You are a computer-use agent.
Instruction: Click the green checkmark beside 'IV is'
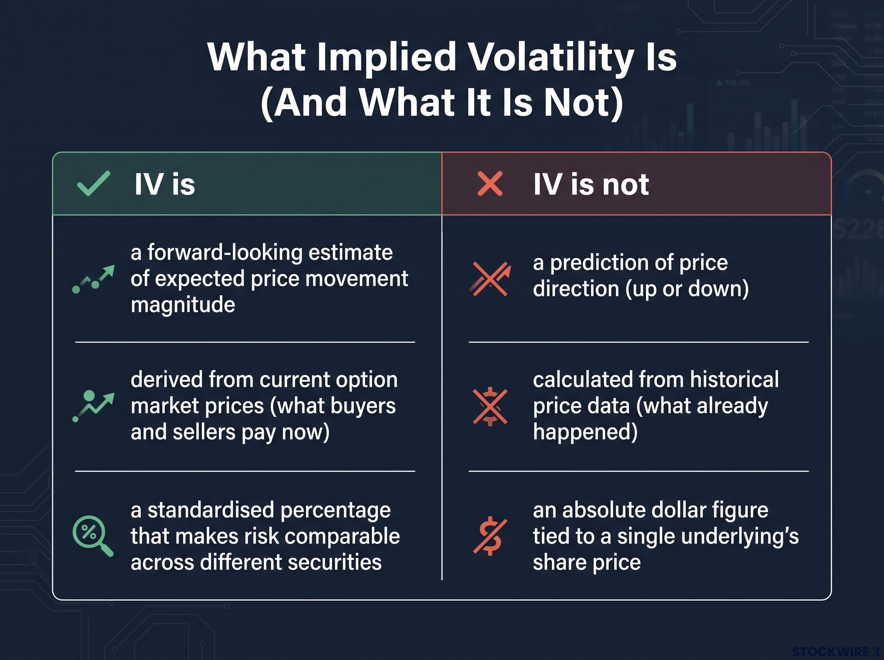93,183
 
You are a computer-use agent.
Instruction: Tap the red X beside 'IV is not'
490,183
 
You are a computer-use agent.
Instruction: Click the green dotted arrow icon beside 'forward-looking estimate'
93,279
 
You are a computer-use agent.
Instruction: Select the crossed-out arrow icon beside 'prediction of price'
490,279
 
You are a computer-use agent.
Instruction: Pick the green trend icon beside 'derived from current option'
93,406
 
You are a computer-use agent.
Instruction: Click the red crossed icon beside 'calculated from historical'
490,407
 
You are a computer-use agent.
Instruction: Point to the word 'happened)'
585,432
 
